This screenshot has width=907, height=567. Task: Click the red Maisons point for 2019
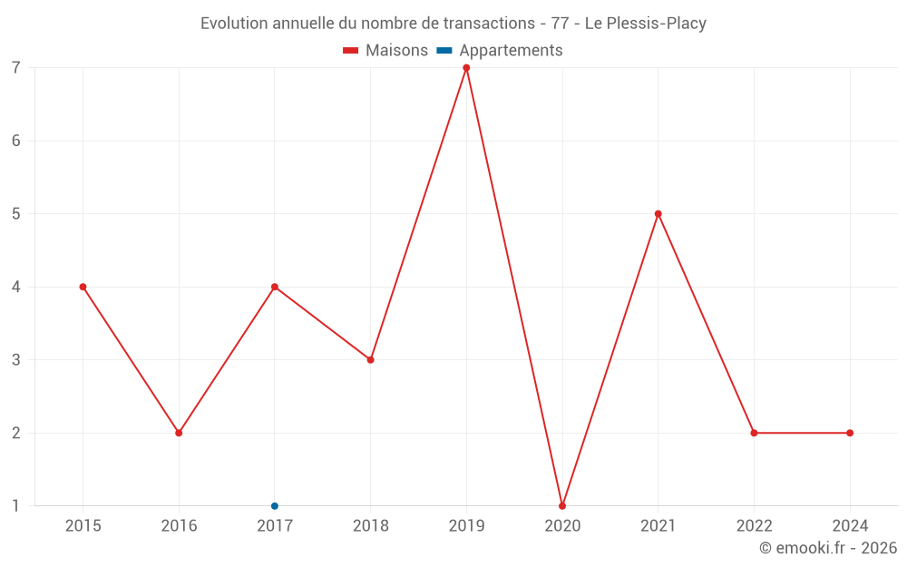tap(466, 68)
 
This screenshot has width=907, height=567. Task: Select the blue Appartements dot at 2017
tap(275, 505)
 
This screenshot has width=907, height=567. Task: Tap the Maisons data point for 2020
tap(562, 505)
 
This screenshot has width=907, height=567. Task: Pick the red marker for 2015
tap(83, 287)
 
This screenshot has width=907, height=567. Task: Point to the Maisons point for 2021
tap(658, 214)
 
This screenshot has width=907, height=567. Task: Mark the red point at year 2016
tap(179, 433)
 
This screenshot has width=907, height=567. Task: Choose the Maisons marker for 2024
tap(850, 433)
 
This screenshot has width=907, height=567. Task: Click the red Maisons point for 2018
tap(370, 359)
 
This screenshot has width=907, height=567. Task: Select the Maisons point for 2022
tap(754, 433)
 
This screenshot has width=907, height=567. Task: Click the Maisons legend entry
tap(386, 51)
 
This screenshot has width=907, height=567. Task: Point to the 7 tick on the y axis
tap(16, 68)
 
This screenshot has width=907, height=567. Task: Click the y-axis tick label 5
tap(16, 214)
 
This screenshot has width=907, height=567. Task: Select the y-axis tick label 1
tap(16, 505)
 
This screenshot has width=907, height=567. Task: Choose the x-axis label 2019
tap(466, 525)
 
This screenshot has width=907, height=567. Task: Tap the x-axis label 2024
tap(850, 525)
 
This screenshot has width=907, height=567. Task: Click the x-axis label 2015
tap(83, 525)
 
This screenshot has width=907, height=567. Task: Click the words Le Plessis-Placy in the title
tap(645, 24)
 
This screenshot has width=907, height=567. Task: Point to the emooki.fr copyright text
tap(828, 548)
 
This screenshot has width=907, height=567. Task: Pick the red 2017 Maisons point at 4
tap(275, 287)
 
